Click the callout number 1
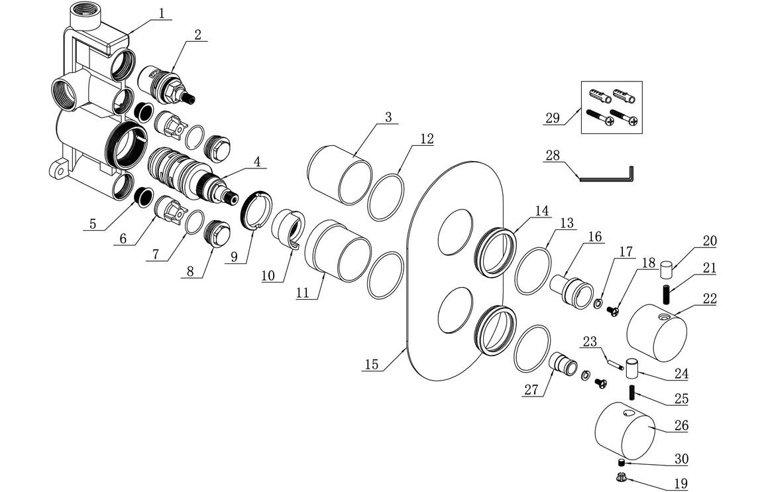pyautogui.click(x=162, y=13)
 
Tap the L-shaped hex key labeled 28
pyautogui.click(x=608, y=176)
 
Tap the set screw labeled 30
pyautogui.click(x=622, y=462)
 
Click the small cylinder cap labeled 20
pyautogui.click(x=667, y=271)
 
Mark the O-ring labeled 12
pyautogui.click(x=386, y=197)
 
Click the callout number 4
pyautogui.click(x=256, y=160)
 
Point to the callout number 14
pyautogui.click(x=542, y=212)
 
